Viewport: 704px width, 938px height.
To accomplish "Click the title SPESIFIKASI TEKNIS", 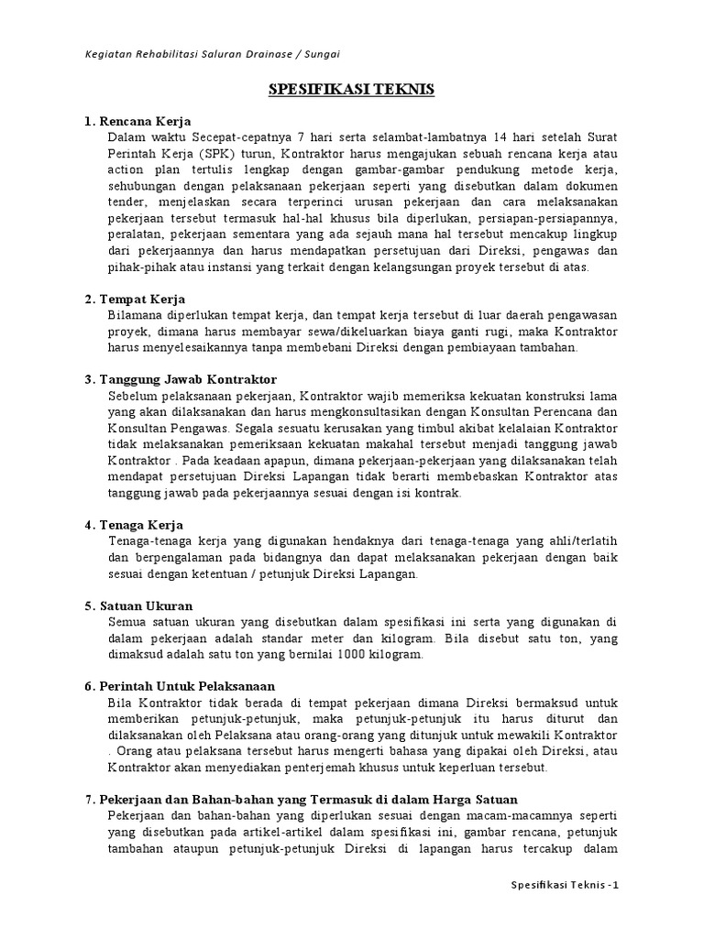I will point(351,90).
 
